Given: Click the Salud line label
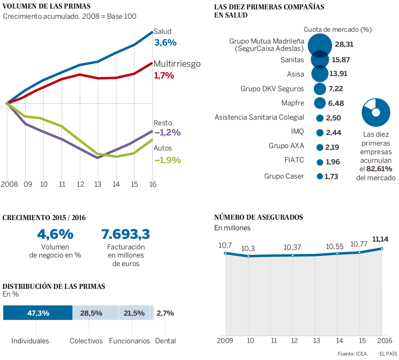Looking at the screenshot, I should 162,31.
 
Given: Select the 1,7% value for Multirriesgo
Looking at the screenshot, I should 164,75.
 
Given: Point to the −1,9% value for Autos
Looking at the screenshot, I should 167,160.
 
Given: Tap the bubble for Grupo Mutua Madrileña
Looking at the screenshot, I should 320,44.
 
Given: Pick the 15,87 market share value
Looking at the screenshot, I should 341,60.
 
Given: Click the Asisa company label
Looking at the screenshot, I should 296,74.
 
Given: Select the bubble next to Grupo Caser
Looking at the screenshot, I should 320,177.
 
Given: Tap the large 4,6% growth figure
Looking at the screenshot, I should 55,234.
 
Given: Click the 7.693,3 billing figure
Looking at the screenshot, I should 126,234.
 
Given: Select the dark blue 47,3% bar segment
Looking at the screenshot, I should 38,313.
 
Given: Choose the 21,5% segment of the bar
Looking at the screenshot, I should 134,313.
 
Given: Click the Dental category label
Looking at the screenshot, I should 165,341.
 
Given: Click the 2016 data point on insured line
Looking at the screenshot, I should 382,248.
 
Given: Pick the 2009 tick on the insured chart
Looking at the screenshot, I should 225,340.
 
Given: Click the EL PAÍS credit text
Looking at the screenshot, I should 388,354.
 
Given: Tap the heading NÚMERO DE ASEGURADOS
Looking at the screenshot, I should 258,217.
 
